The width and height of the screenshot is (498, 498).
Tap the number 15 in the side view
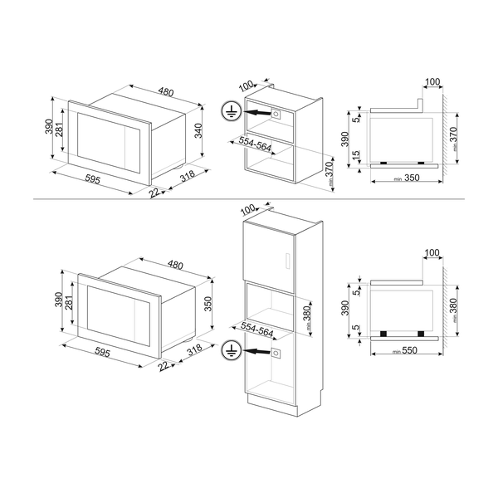pyautogui.click(x=354, y=154)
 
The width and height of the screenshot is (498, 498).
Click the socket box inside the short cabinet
pyautogui.click(x=276, y=111)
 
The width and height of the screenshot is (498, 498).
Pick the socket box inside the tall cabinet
pyautogui.click(x=276, y=354)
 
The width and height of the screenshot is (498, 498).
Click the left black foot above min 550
pyautogui.click(x=385, y=334)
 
